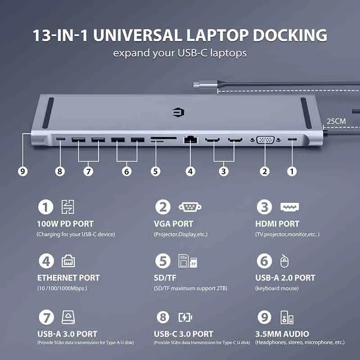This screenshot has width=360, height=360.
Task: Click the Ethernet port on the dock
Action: pos(190,139)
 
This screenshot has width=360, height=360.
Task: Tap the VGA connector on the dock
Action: pos(265,139)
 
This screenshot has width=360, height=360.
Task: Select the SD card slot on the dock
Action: pos(164,138)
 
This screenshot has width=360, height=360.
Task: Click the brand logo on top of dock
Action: pos(179,112)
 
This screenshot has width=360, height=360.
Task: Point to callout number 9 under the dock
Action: pos(23,171)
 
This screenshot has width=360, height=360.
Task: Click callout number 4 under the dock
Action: pos(190,171)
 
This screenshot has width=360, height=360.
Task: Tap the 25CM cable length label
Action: pos(336,121)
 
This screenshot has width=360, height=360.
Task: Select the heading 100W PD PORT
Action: pos(65,224)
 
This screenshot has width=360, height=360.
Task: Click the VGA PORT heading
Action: pos(174,224)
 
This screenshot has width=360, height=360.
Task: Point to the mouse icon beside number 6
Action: pos(284,261)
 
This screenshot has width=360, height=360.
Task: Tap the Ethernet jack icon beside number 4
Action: pos(68,261)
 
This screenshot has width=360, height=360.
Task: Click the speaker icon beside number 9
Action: pos(287,318)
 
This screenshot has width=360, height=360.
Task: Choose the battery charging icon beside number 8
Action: pos(185,318)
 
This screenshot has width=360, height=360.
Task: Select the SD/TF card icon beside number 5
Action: pos(188,261)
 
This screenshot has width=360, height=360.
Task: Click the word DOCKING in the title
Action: pos(290,36)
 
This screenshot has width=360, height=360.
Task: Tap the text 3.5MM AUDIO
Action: pos(282,334)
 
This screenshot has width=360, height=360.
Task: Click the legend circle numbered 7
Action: pos(46,318)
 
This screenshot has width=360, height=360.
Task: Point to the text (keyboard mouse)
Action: pos(277,288)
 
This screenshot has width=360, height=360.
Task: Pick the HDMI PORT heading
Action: pos(277,224)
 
